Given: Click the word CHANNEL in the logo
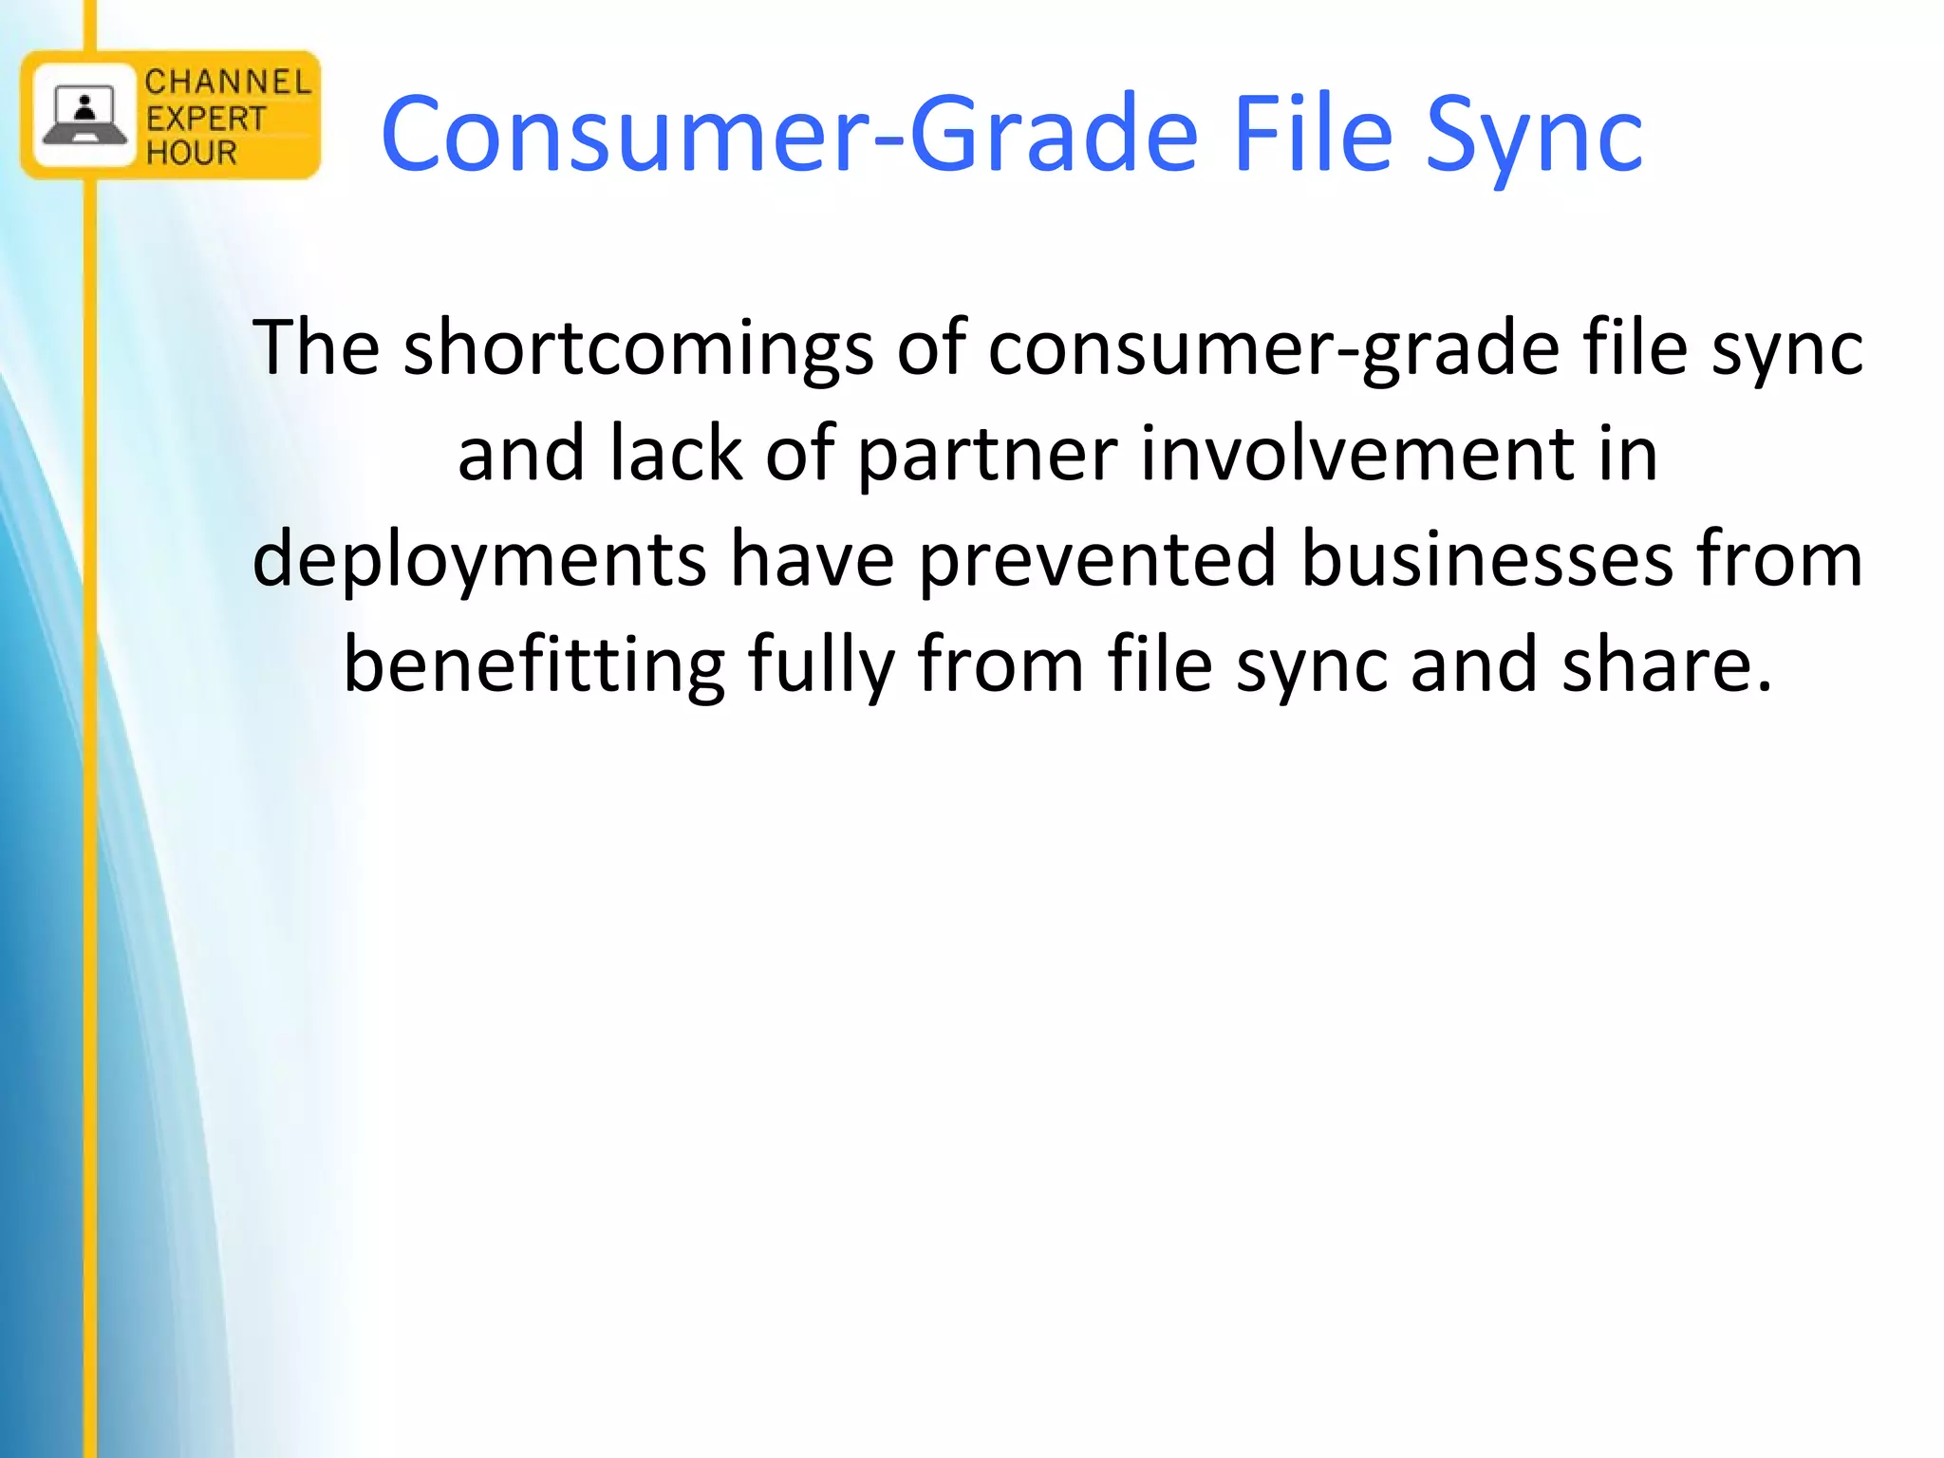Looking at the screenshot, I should [228, 83].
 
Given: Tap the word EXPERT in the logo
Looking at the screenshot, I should [206, 119].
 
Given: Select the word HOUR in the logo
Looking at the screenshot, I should [191, 152].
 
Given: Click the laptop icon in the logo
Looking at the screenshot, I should [84, 116].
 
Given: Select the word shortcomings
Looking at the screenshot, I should [638, 349].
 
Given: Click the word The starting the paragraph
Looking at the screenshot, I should [316, 347].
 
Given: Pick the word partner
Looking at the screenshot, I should [987, 455].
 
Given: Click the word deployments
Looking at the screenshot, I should [479, 560].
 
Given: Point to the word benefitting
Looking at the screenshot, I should [533, 665].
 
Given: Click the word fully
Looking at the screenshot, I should [821, 665].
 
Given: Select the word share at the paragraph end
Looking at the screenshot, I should [1666, 664].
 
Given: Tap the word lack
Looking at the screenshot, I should [676, 453].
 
